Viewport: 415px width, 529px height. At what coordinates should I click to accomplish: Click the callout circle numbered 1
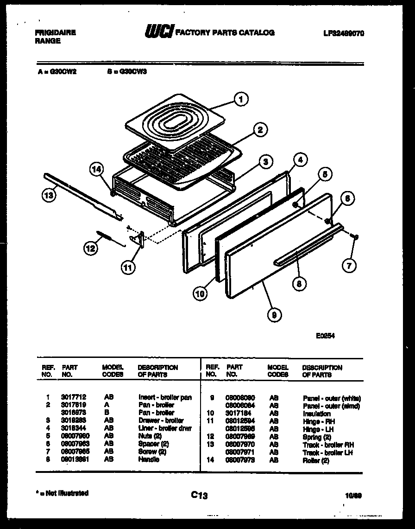[x=240, y=98]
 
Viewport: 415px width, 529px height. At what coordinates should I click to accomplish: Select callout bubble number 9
[x=274, y=315]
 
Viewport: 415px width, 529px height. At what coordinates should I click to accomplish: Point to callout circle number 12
[x=90, y=249]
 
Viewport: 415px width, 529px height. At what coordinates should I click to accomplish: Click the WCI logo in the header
[x=159, y=32]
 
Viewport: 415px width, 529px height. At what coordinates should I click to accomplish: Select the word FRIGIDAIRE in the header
[x=55, y=32]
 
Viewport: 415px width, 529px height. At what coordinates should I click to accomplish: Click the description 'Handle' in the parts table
[x=148, y=459]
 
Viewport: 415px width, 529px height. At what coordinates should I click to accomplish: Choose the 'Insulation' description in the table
[x=316, y=414]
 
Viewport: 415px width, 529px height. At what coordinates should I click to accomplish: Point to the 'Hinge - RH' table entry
[x=319, y=421]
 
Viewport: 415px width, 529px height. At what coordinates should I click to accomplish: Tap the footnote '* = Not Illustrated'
[x=62, y=493]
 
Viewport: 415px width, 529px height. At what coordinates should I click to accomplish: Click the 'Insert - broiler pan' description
[x=165, y=397]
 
